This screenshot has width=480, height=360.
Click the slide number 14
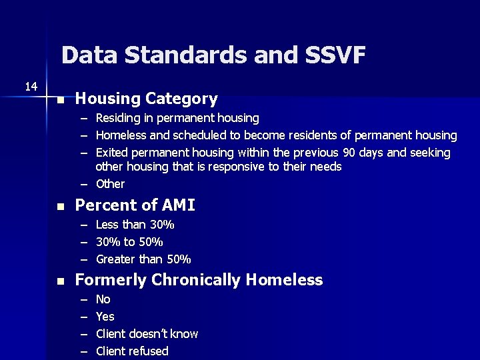(31, 86)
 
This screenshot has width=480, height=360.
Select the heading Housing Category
(146, 99)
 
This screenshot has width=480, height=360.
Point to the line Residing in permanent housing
(177, 118)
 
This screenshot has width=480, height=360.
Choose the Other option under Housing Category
(110, 184)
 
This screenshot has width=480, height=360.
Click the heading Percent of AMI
(135, 205)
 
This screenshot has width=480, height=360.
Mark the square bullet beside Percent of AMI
(60, 207)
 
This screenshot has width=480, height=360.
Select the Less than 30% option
(135, 225)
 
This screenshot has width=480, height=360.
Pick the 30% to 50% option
(129, 242)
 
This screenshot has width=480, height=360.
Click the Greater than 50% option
(143, 259)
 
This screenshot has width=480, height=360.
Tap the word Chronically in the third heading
(197, 280)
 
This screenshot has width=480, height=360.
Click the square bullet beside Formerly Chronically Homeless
(60, 282)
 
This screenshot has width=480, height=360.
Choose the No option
(103, 299)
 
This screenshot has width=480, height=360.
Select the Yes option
(105, 317)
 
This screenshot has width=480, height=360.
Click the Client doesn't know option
(147, 334)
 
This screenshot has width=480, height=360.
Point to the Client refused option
(132, 351)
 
